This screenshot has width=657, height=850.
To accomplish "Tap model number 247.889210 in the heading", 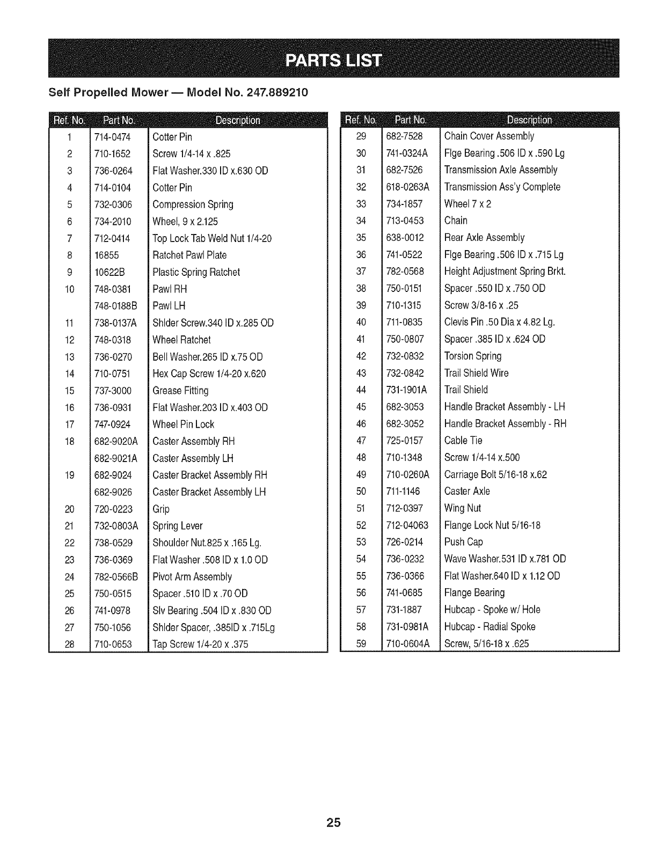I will pyautogui.click(x=278, y=92).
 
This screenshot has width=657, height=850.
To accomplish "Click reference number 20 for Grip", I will pyautogui.click(x=69, y=509).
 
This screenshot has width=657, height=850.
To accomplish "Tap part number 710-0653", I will pyautogui.click(x=113, y=644).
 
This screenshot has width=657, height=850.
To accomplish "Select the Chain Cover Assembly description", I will pyautogui.click(x=489, y=136).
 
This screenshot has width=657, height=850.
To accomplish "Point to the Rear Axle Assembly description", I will pyautogui.click(x=484, y=238).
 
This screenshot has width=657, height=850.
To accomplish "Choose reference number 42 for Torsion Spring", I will pyautogui.click(x=361, y=356).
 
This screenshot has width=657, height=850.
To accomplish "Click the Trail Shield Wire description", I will pyautogui.click(x=476, y=373).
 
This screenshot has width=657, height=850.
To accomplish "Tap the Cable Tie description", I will pyautogui.click(x=463, y=441).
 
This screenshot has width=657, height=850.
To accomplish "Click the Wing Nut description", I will pyautogui.click(x=462, y=508).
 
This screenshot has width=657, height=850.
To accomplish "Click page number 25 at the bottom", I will pyautogui.click(x=333, y=823).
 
